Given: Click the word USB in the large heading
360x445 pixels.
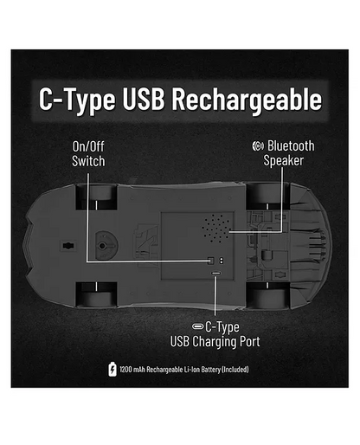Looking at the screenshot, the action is [144, 99].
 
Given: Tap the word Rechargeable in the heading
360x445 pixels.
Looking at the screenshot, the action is [247, 100].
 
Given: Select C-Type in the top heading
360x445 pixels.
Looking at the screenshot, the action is [77, 100].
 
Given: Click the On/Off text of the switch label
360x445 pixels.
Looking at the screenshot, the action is [88, 146].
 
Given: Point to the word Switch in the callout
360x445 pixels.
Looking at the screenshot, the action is [88, 161].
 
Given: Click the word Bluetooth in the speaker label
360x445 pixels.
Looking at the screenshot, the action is [291, 145].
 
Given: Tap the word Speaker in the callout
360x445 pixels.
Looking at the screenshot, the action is [284, 160].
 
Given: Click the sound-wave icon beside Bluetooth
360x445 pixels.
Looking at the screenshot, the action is [258, 146].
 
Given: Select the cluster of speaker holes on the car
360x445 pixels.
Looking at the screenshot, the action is [215, 228].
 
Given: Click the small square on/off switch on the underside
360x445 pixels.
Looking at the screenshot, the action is [211, 261].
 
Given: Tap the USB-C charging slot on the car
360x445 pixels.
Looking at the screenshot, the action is [216, 273].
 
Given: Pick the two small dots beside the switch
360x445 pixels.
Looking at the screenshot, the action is [222, 261].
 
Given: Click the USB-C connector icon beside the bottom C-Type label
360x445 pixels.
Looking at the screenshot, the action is [198, 326].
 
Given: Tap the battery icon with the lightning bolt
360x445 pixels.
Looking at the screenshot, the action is [112, 370].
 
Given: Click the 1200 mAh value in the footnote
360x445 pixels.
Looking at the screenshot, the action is [132, 370].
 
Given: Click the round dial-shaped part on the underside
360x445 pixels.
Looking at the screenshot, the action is [106, 246].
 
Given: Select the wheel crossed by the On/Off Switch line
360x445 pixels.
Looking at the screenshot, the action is [96, 197].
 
